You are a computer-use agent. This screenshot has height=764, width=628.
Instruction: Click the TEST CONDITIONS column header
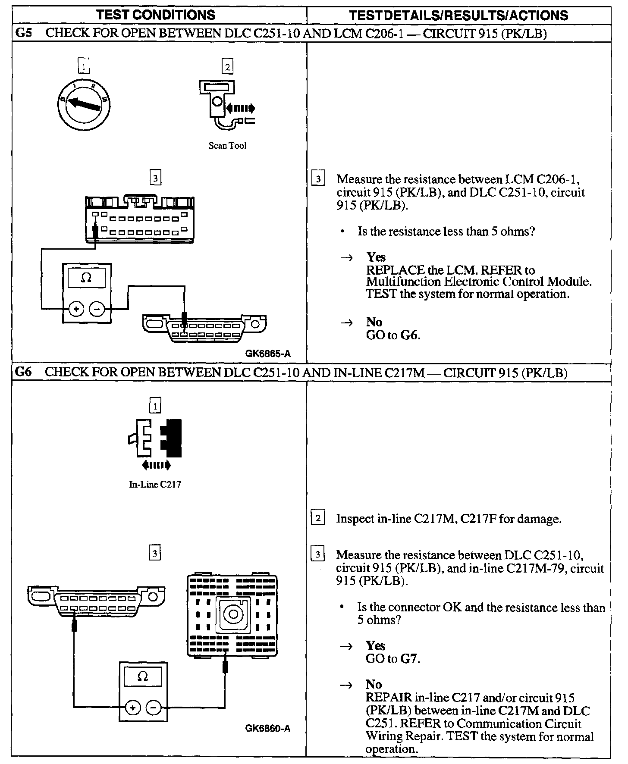[156, 15]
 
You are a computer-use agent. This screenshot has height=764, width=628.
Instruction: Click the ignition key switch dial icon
[83, 103]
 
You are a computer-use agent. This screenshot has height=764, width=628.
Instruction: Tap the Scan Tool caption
[227, 146]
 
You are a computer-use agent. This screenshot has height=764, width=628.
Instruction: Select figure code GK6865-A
[268, 354]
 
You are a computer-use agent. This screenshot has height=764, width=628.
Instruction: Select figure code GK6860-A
[267, 729]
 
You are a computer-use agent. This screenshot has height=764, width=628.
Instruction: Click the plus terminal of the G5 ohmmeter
[76, 309]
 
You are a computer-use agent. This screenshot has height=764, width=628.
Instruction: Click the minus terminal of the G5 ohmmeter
[97, 309]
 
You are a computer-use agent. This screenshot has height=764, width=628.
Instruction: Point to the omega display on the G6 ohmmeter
[142, 676]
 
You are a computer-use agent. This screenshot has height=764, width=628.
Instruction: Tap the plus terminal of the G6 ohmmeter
[132, 708]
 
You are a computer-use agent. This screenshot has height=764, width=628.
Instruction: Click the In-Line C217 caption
[155, 485]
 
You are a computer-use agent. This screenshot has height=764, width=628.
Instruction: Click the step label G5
[23, 33]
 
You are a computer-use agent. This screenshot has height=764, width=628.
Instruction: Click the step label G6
[23, 373]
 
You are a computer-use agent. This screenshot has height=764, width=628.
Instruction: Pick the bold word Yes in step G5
[376, 257]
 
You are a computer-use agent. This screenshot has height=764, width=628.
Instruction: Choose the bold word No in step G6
[374, 685]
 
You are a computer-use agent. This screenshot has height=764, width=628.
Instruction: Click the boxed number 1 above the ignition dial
[83, 67]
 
